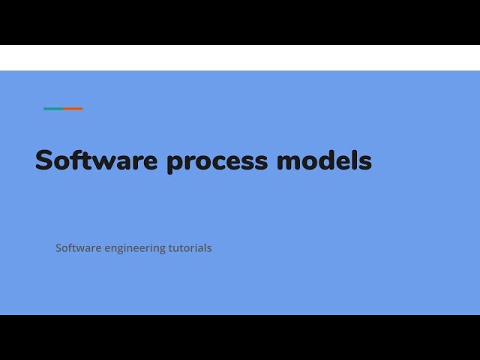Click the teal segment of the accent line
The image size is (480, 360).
(x=53, y=109)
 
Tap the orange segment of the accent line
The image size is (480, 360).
(x=73, y=109)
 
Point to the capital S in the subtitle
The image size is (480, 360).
(x=58, y=247)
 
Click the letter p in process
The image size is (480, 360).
(x=175, y=163)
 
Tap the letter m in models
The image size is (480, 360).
(x=289, y=162)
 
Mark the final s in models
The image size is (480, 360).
(x=364, y=162)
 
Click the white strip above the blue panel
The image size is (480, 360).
(x=240, y=58)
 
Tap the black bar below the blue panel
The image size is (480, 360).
(x=240, y=337)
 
